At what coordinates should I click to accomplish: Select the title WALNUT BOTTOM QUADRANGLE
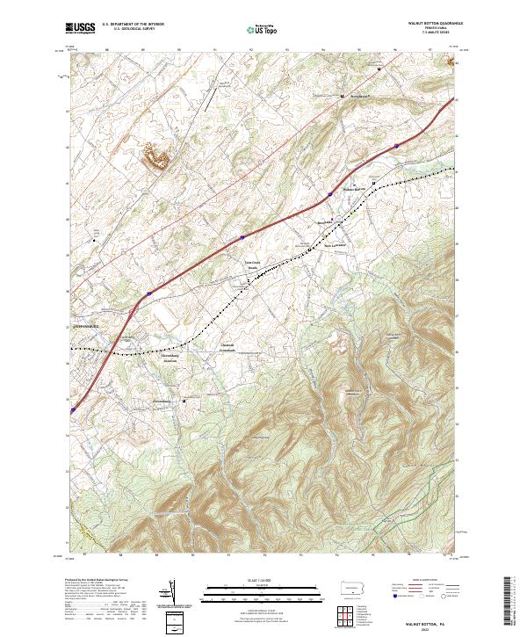click(x=428, y=25)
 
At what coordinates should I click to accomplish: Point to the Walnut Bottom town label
click(x=352, y=189)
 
